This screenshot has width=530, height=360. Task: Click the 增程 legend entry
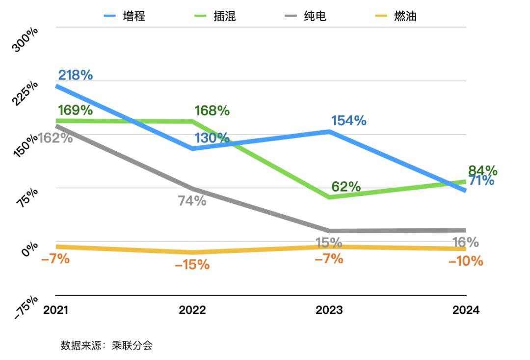click(x=125, y=16)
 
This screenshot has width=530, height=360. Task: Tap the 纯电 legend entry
click(x=305, y=16)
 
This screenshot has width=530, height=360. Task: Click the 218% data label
click(x=75, y=75)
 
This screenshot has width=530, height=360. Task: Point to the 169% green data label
click(x=75, y=110)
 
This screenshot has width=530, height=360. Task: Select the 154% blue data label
click(x=348, y=120)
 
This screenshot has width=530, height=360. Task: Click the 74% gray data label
click(x=192, y=200)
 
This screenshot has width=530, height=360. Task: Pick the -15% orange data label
click(x=192, y=265)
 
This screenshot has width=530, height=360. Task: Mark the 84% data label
click(x=483, y=171)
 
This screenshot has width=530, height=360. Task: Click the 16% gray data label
click(x=465, y=242)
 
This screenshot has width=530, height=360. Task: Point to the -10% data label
click(x=465, y=261)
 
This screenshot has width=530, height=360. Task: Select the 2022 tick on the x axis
click(x=192, y=310)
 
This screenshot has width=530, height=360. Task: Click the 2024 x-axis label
click(x=465, y=310)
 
